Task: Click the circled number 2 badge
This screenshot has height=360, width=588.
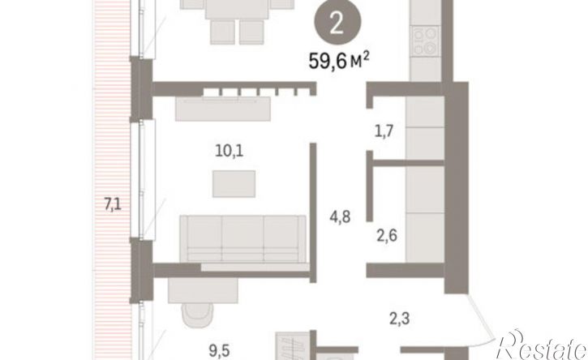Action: (337, 24)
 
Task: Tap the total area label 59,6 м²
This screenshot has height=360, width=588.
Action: (339, 61)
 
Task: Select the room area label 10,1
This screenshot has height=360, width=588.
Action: (230, 151)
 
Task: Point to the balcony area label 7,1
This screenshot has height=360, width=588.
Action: (113, 205)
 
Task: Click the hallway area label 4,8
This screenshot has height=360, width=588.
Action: (340, 217)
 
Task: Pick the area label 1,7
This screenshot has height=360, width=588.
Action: (384, 131)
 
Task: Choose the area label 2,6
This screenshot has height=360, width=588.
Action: (387, 236)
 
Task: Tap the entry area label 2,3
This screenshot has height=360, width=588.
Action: (399, 319)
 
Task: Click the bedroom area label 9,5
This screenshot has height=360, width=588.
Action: (219, 351)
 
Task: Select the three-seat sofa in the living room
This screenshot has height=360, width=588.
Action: (242, 239)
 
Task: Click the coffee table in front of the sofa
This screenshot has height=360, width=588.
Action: (234, 184)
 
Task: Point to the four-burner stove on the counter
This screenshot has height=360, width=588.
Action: (426, 41)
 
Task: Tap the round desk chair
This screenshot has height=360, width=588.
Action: (197, 315)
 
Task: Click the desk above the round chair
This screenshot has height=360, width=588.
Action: (203, 290)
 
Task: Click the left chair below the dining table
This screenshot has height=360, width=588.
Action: (222, 32)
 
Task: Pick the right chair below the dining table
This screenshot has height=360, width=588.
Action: (251, 32)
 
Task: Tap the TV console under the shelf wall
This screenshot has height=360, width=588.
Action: (223, 109)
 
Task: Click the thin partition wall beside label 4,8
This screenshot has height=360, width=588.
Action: (313, 212)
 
